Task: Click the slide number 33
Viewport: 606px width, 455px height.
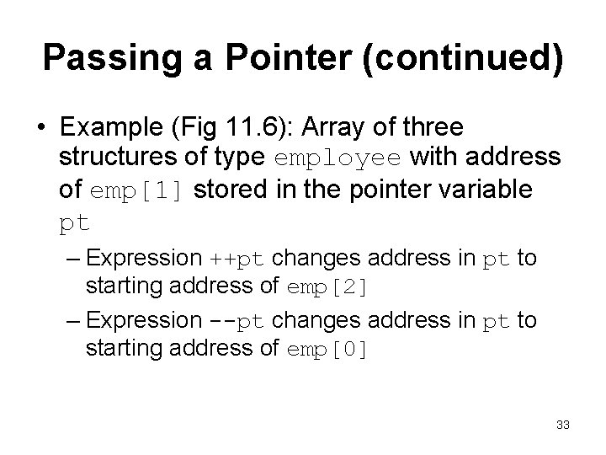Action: pyautogui.click(x=562, y=425)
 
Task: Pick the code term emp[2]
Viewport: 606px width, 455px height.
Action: pyautogui.click(x=327, y=288)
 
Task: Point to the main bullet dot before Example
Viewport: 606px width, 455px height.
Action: pyautogui.click(x=41, y=130)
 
